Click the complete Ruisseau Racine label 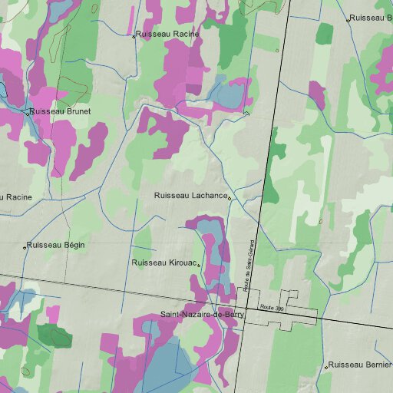pyautogui.click(x=168, y=35)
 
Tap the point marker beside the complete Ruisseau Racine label pyautogui.click(x=134, y=36)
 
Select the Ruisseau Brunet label pyautogui.click(x=60, y=111)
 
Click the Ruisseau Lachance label pyautogui.click(x=190, y=196)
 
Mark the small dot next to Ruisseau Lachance pyautogui.click(x=230, y=198)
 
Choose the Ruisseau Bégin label pyautogui.click(x=55, y=246)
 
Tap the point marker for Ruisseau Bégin pyautogui.click(x=24, y=247)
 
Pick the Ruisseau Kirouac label pyautogui.click(x=164, y=263)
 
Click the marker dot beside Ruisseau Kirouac pyautogui.click(x=200, y=265)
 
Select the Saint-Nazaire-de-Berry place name pyautogui.click(x=201, y=315)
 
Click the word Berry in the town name pyautogui.click(x=232, y=315)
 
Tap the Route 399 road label pyautogui.click(x=272, y=307)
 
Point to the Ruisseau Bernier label pyautogui.click(x=359, y=365)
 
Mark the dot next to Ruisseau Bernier pyautogui.click(x=325, y=367)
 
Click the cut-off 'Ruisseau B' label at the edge pyautogui.click(x=372, y=18)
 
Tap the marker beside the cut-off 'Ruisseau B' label pyautogui.click(x=348, y=20)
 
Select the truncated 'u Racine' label pyautogui.click(x=16, y=197)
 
